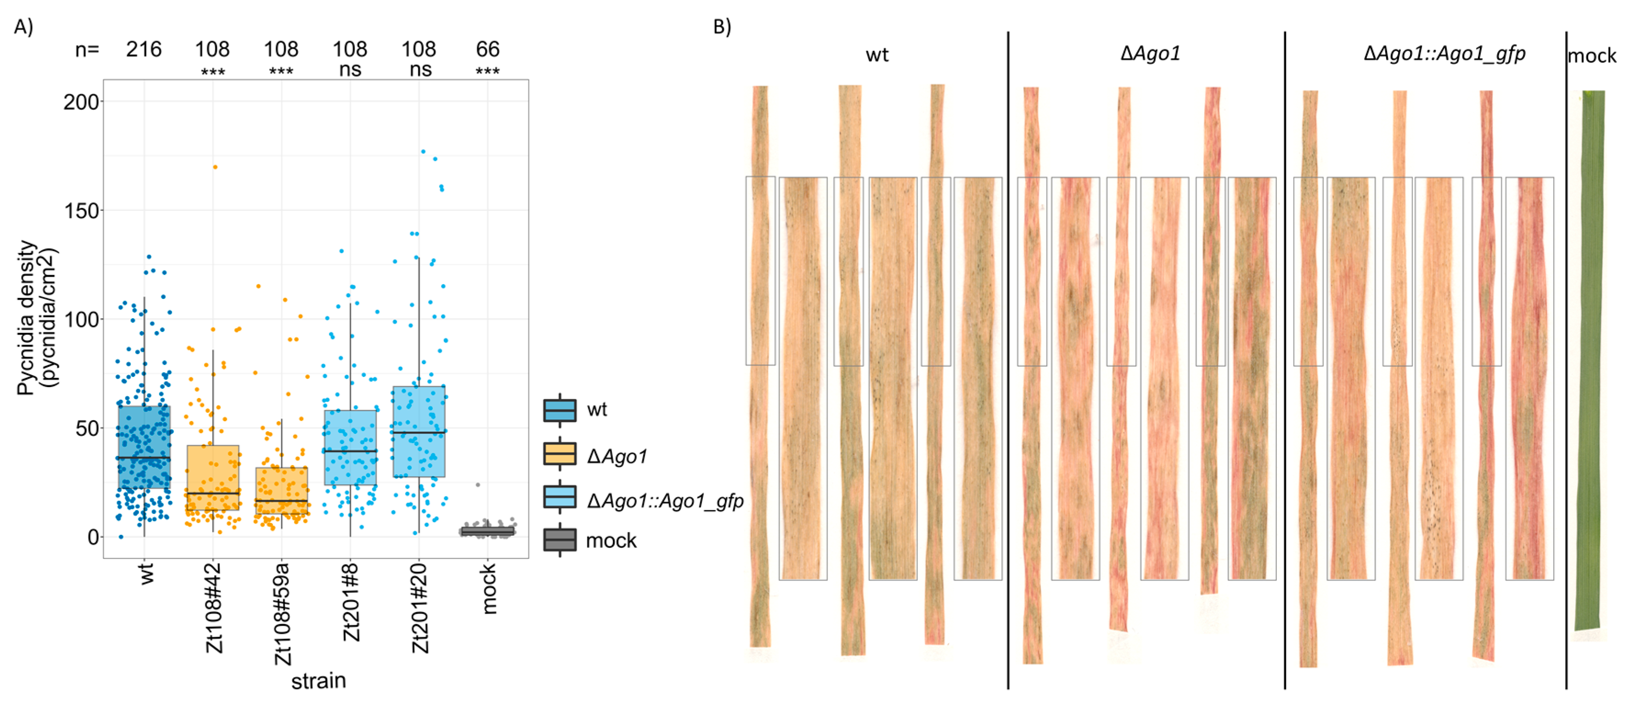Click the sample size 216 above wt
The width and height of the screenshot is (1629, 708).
144,49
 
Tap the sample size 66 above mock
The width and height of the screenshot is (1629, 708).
488,49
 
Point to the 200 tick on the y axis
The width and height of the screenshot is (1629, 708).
82,102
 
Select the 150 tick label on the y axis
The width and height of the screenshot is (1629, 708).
82,210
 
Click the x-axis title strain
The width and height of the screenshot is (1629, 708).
318,681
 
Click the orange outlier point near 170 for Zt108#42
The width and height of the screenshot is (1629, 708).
215,167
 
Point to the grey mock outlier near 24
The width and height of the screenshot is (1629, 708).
478,485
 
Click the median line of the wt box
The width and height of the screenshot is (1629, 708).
144,458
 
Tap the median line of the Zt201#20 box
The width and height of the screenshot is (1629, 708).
419,433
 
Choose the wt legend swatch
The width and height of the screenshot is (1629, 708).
560,410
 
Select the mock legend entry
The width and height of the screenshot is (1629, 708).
610,540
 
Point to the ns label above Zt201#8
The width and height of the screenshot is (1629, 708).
350,69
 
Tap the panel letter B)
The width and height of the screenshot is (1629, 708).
722,27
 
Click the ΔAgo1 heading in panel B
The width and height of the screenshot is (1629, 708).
1150,54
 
